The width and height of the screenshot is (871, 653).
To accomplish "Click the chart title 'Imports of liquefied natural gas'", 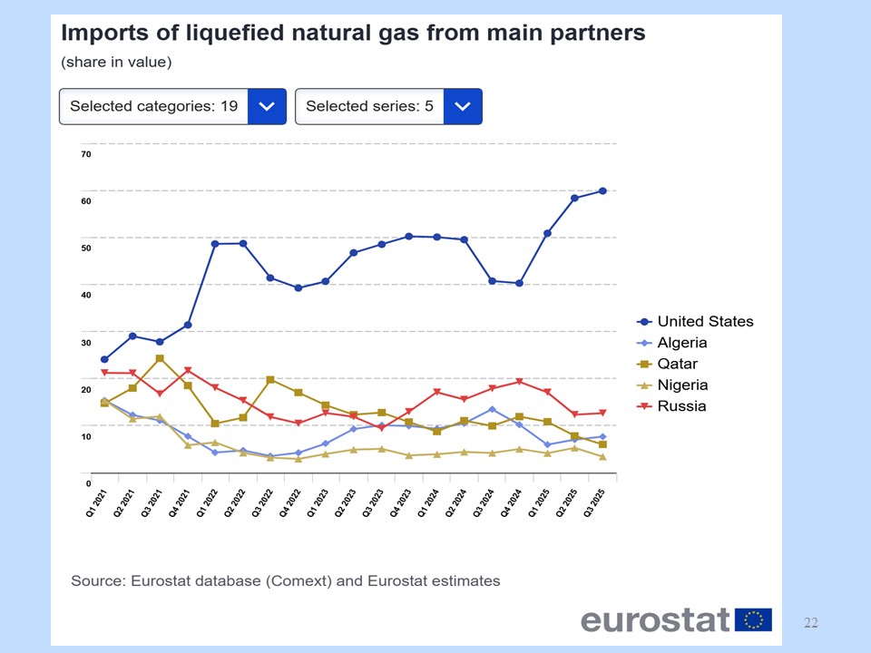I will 352,34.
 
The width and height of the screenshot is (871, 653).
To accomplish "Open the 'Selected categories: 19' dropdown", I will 172,106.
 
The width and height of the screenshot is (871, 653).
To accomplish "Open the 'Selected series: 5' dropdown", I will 388,106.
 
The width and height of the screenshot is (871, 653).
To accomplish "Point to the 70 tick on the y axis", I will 85,153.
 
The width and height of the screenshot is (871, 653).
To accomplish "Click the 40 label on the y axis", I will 85,295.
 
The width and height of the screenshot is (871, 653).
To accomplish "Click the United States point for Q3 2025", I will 602,190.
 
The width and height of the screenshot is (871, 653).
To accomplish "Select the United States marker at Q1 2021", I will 104,359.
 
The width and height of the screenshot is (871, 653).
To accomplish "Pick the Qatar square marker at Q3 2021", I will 160,358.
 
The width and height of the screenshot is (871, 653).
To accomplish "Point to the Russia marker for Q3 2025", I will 602,413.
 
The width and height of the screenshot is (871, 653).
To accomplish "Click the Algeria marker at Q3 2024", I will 492,409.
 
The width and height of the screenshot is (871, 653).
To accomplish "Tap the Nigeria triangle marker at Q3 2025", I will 602,456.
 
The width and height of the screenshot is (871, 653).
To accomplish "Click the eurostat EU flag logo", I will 753,620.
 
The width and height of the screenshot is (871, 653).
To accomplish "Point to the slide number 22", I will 811,622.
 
